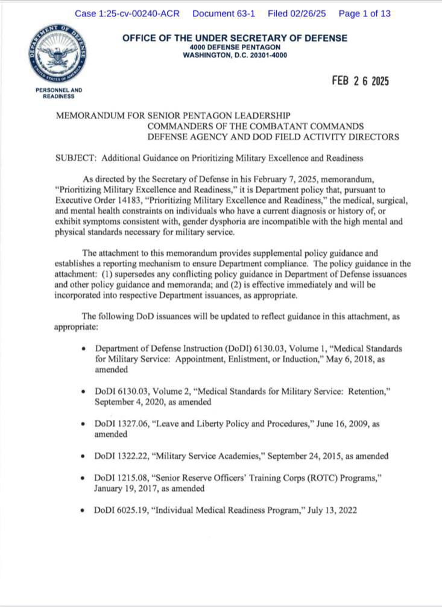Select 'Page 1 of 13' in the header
[364, 13]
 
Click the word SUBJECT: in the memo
[76, 159]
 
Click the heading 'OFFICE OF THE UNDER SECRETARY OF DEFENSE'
[235, 38]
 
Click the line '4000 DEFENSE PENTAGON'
[235, 47]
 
